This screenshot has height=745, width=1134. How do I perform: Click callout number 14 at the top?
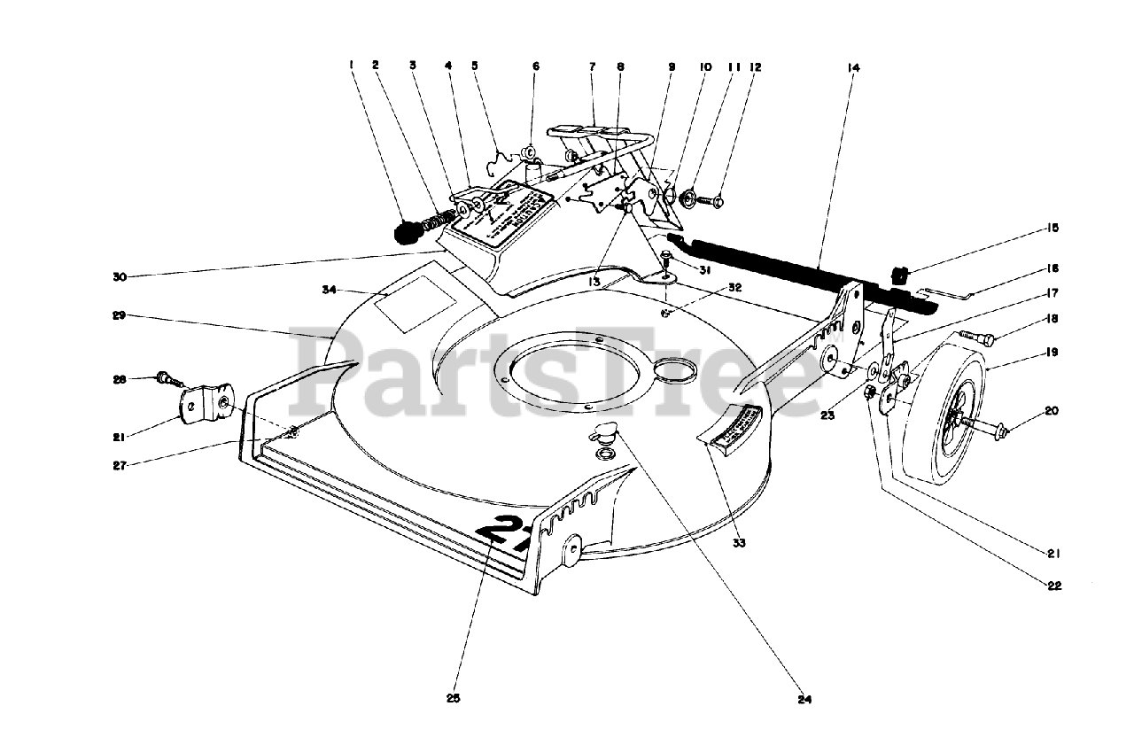tap(853, 66)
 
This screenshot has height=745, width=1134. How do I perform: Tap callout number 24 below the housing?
tap(804, 699)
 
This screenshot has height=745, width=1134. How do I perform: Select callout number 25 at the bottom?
tap(454, 697)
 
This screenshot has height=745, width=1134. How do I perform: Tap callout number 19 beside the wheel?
tap(1053, 352)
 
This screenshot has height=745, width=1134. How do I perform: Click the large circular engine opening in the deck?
tap(567, 372)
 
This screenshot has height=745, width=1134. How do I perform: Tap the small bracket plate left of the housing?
tap(206, 405)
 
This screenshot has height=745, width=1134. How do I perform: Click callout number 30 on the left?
tap(120, 276)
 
